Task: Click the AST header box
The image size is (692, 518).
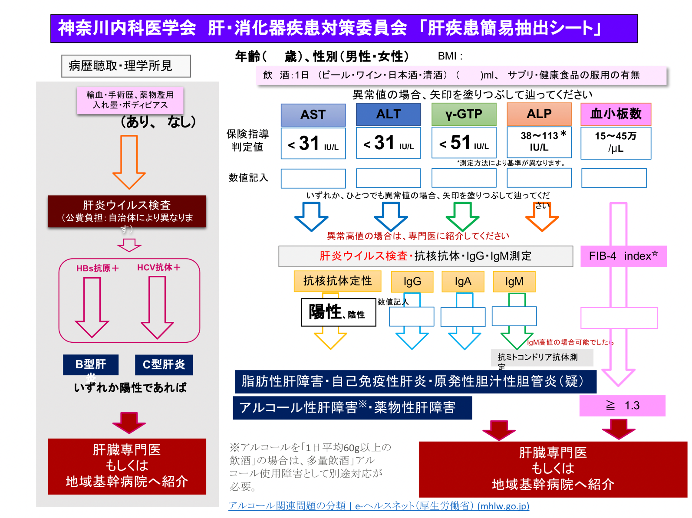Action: tap(313, 115)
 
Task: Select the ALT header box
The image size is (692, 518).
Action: tap(388, 114)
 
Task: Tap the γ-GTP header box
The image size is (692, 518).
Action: tap(464, 114)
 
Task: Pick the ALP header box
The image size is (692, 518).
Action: tap(539, 114)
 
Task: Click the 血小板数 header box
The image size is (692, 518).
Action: tap(616, 114)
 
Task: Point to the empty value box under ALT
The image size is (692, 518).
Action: tap(388, 178)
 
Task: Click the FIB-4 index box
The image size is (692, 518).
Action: tap(623, 256)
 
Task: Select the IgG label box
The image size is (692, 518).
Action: tap(412, 282)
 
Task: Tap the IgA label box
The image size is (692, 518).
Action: tap(463, 282)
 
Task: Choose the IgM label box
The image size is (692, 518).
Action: tap(514, 282)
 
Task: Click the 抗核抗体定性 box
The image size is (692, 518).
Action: tap(337, 281)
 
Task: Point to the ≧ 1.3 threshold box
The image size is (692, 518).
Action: tap(622, 406)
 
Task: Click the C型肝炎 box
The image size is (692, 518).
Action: tap(164, 364)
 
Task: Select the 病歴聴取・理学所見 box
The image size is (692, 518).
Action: tap(126, 66)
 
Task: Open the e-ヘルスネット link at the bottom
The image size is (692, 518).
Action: tap(379, 506)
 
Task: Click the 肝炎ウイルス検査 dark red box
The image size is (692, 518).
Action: tap(127, 211)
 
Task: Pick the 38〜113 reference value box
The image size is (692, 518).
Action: tap(539, 142)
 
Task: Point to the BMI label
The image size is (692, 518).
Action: tap(450, 56)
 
